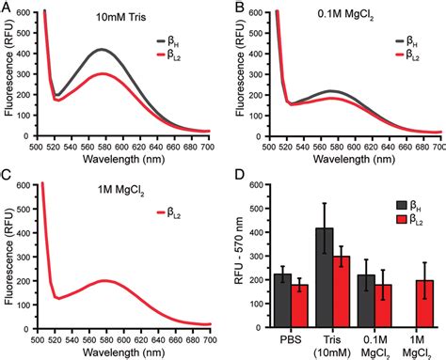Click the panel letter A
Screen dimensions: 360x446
click(x=8, y=8)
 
